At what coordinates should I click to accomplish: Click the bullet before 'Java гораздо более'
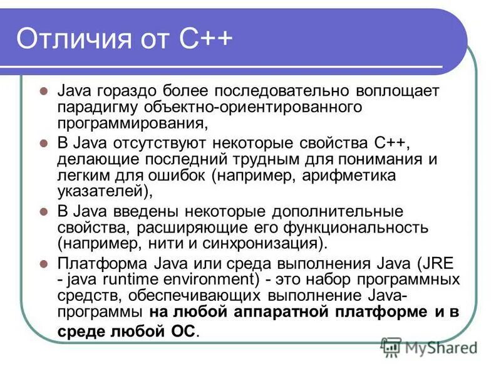coord(43,91)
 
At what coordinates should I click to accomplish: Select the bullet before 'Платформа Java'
coord(43,263)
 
